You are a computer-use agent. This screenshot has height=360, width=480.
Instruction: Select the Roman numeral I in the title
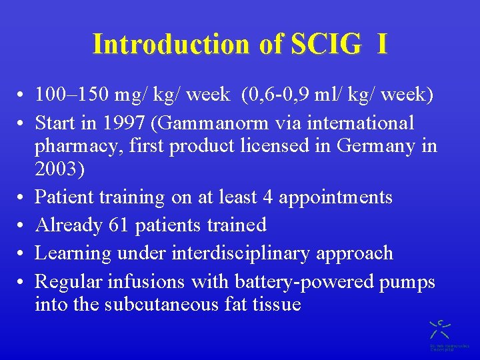pos(381,44)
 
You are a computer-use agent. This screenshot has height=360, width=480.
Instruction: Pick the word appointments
pos(335,197)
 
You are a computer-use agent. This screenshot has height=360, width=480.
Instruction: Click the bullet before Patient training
pos(23,198)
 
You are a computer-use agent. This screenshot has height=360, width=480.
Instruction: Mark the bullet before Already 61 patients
pos(23,226)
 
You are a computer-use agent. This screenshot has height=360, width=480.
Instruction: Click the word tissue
pos(275,305)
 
